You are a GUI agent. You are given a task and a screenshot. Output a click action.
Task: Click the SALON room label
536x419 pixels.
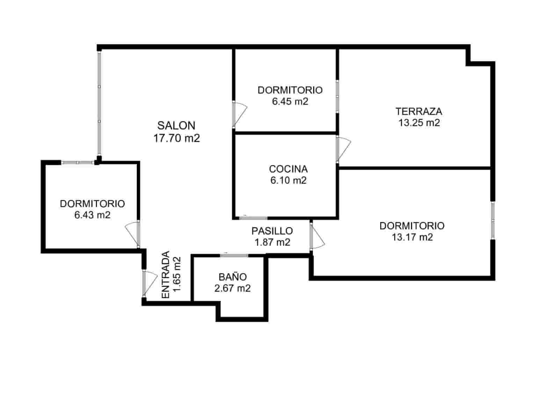176,125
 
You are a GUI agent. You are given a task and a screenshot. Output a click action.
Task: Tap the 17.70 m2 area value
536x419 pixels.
176,138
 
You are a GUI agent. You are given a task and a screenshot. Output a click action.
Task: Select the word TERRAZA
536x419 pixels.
419,112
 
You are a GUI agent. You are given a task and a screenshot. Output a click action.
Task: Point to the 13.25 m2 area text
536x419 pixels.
419,123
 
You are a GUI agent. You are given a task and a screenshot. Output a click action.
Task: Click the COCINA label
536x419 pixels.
288,169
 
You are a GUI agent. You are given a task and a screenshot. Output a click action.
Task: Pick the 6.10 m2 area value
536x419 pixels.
288,181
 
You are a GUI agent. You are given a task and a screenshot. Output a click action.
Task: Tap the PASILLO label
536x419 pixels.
272,231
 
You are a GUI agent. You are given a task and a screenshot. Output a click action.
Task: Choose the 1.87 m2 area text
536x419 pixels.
273,242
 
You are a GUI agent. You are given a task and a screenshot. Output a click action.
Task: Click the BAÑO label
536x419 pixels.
233,277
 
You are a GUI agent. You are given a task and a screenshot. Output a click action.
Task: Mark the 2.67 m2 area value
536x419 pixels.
233,289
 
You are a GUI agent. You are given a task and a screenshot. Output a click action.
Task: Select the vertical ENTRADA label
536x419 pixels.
166,275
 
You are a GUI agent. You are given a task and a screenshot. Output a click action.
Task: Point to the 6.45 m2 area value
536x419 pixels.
290,102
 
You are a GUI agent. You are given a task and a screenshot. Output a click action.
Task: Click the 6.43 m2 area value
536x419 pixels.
92,215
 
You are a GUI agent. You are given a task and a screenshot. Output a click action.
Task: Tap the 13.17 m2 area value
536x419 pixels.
412,237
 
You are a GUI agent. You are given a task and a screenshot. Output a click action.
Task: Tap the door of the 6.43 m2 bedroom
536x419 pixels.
133,233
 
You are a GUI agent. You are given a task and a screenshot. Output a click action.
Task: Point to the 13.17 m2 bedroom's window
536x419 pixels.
493,220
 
